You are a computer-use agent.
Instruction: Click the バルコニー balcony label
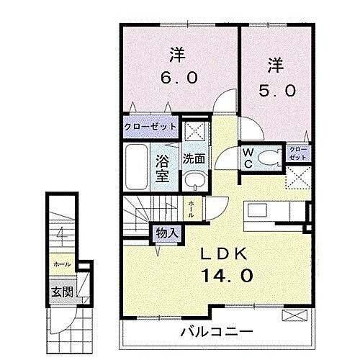(x=217, y=333)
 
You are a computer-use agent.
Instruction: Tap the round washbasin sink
(x=191, y=180)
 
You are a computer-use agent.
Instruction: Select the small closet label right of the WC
(x=297, y=153)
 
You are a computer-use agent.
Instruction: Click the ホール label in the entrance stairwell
(x=60, y=265)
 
